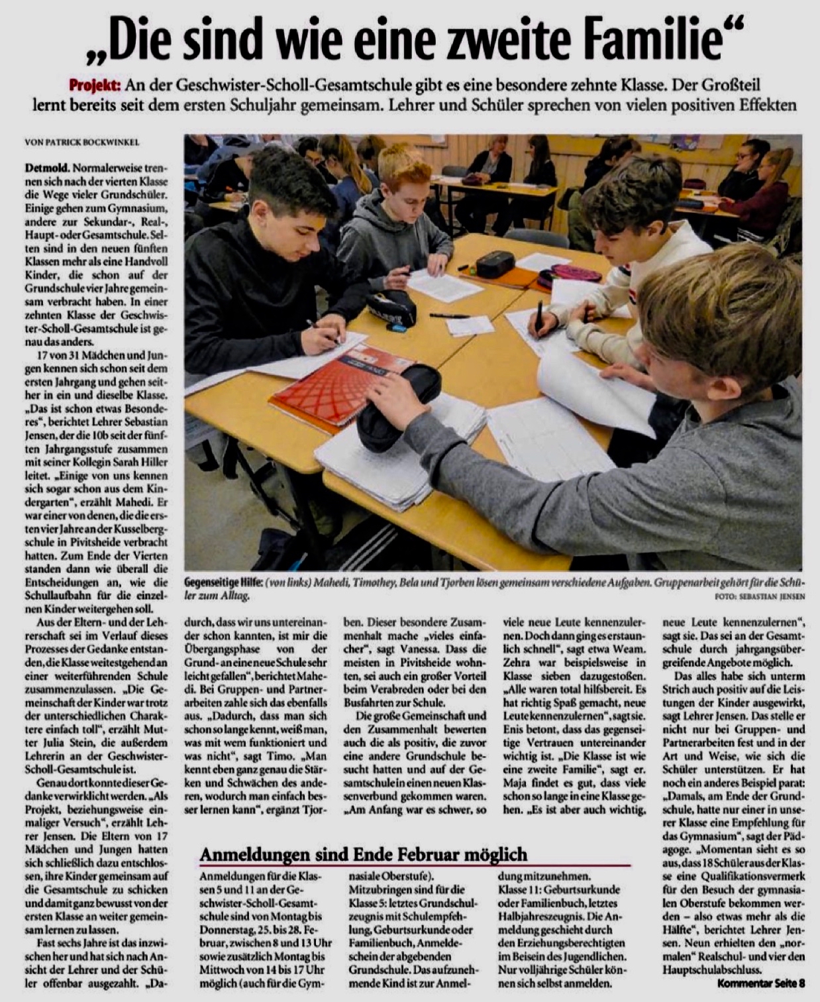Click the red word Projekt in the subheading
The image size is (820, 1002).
click(x=94, y=85)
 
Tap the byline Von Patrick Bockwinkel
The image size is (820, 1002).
click(x=82, y=142)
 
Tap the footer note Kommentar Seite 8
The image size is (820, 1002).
click(x=761, y=982)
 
